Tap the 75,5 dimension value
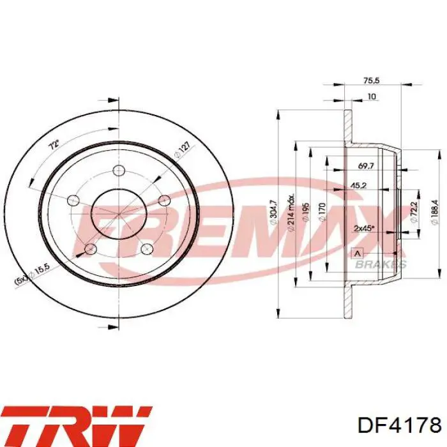[372, 81]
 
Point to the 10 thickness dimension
[372, 97]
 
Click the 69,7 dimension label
[365, 166]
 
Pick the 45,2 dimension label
[358, 186]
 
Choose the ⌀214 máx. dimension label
[291, 211]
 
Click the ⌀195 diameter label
[306, 211]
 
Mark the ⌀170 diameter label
[323, 211]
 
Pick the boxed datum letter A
[357, 251]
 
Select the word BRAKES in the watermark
[381, 264]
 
